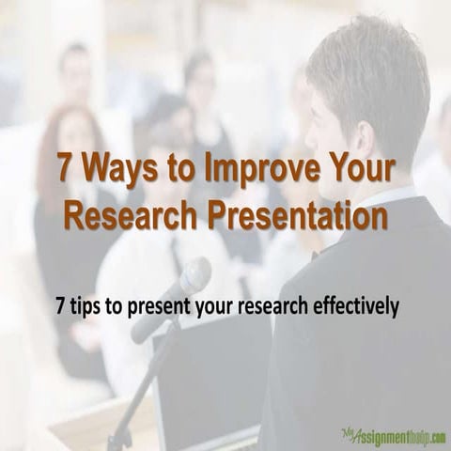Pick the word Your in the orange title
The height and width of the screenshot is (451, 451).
pyautogui.click(x=363, y=170)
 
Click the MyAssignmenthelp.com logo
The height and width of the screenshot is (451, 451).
pyautogui.click(x=394, y=436)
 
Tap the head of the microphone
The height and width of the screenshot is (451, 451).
pyautogui.click(x=194, y=278)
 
